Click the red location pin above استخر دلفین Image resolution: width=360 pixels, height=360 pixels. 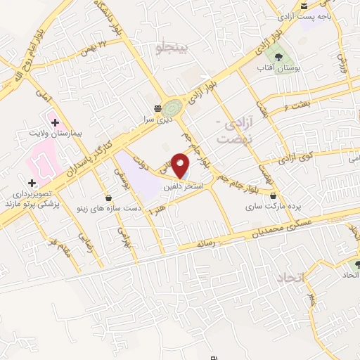point(181,165)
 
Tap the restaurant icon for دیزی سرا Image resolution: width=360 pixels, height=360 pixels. point(158,108)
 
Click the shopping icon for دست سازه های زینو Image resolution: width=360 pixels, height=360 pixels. point(108,198)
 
